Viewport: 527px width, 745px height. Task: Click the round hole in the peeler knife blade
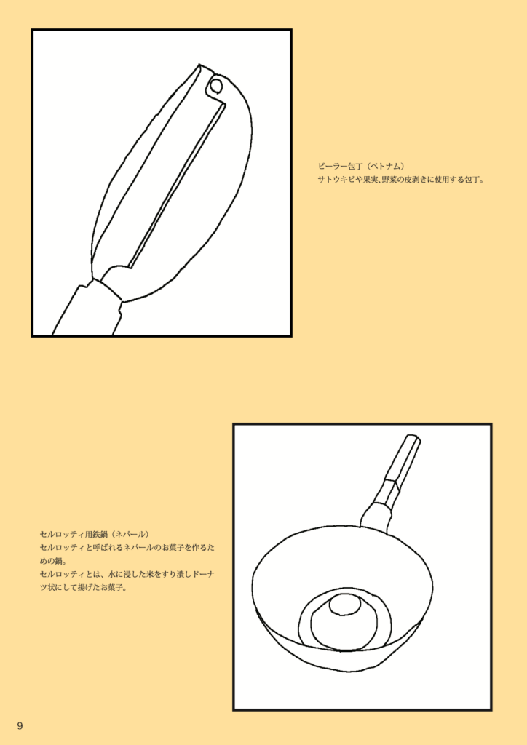[x=215, y=86]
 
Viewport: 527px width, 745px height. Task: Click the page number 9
[x=20, y=725]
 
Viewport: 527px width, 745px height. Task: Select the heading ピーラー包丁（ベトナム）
[x=361, y=166]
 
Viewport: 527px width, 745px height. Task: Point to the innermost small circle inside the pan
[x=345, y=605]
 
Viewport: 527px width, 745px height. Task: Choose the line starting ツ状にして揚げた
[x=83, y=588]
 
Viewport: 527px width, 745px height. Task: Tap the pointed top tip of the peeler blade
[x=199, y=65]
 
